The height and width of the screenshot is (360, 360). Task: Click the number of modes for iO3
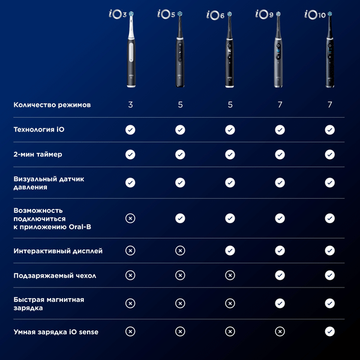[130, 105]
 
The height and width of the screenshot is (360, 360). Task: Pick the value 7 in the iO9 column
[280, 105]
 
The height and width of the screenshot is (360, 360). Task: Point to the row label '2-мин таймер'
[38, 154]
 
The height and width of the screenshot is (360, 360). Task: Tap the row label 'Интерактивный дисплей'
[58, 251]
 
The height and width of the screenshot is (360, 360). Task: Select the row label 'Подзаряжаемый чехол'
[54, 275]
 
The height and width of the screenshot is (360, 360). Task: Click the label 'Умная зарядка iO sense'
[56, 331]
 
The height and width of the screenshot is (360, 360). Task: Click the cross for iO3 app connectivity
[130, 218]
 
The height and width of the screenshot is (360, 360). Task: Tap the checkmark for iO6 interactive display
[230, 251]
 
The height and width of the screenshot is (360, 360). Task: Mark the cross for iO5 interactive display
[180, 251]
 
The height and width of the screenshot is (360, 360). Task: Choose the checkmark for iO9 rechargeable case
[280, 275]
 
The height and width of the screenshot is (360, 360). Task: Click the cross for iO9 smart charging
[280, 331]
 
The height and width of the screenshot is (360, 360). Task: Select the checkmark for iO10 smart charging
[329, 331]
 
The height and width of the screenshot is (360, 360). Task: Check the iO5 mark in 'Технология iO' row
[180, 130]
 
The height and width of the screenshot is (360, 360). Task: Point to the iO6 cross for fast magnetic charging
[230, 304]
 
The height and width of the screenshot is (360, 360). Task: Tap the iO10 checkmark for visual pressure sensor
[329, 182]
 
